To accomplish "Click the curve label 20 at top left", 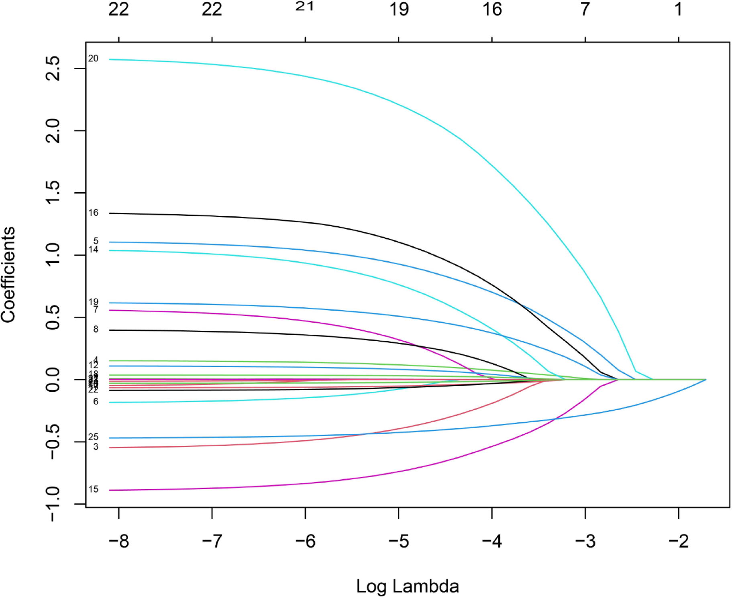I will pos(93,59).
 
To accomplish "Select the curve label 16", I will pos(93,213).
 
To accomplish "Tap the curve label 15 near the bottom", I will pos(93,489).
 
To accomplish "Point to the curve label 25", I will pos(93,437).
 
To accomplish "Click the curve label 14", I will pos(93,250).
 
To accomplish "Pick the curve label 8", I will pos(96,330).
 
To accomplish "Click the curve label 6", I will pos(96,402).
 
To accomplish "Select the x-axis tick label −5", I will pos(398,541).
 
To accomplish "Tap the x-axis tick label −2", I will pos(678,541).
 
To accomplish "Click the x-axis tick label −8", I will pos(119,541).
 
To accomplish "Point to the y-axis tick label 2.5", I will pos(53,68).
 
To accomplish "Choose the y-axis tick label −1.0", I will pos(53,504).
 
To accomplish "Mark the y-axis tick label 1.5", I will pos(53,193).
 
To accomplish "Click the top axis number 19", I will pos(399,9).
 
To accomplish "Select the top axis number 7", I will pos(585,9).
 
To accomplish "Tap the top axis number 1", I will pos(678,9).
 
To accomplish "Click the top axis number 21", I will pos(305,7).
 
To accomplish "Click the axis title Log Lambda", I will pos(407,586).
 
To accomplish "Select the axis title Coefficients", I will pos(8,275).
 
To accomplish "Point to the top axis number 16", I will pos(492,9).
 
